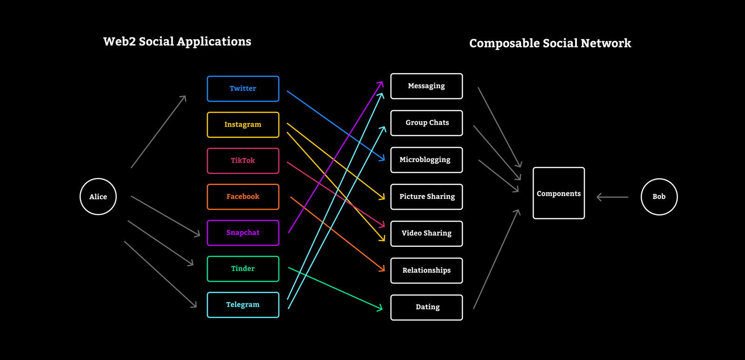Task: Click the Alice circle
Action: point(98,197)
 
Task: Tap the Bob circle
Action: point(659,197)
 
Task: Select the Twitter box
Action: point(243,88)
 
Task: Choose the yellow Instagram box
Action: point(243,125)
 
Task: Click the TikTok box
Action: point(243,161)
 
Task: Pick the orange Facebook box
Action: point(243,197)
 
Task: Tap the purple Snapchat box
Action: point(243,233)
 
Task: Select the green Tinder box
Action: point(243,269)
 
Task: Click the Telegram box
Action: point(243,305)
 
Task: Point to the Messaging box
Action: point(427,86)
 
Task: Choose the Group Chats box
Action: point(427,123)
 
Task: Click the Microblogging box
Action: point(427,160)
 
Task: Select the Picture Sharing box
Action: point(427,197)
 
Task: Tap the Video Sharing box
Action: point(427,233)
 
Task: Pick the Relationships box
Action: point(427,270)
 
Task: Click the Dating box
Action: point(427,307)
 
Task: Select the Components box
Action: point(559,193)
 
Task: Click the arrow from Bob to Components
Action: point(612,197)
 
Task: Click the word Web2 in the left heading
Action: point(119,41)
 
